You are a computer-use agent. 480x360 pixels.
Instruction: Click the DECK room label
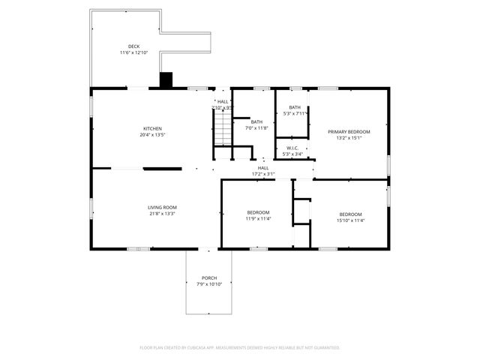[133, 46]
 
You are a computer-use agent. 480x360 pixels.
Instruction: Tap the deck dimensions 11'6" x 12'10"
[133, 53]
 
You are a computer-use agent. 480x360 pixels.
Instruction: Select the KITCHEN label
[152, 128]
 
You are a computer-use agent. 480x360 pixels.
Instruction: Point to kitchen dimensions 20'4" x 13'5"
[152, 135]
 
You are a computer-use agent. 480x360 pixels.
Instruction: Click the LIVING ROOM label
[161, 207]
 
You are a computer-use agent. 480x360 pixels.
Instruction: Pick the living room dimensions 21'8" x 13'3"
[161, 214]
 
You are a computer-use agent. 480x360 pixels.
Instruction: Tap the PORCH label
[208, 277]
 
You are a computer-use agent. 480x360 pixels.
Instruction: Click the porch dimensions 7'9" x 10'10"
[208, 284]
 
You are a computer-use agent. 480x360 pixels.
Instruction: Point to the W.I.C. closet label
[292, 148]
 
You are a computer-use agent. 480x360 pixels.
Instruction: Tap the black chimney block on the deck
[166, 79]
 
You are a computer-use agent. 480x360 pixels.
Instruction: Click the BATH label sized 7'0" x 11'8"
[256, 121]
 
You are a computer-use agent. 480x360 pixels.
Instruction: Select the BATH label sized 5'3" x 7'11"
[294, 107]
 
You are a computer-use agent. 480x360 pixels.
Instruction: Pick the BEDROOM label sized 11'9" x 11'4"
[257, 213]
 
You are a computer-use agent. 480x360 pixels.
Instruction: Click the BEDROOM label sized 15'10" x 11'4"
[349, 214]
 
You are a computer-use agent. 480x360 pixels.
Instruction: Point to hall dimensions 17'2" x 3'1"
[263, 174]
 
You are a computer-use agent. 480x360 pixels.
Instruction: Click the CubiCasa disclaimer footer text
[240, 347]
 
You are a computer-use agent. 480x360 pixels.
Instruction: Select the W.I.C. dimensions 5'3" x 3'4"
[292, 154]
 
